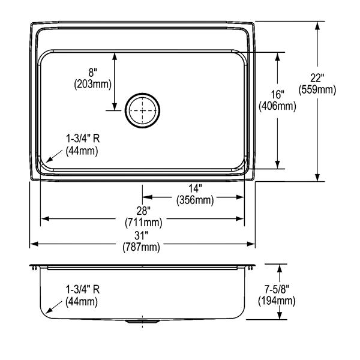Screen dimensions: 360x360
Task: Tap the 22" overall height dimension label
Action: pos(317,78)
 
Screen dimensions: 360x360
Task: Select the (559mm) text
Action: pos(317,89)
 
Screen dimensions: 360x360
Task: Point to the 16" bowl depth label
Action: pos(278,95)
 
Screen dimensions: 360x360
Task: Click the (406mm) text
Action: pos(278,106)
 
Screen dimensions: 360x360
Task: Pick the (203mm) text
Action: pos(92,84)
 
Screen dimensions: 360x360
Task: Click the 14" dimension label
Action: pos(195,188)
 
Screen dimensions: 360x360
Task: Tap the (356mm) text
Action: pos(195,200)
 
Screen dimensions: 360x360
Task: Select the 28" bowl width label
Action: pos(143,211)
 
